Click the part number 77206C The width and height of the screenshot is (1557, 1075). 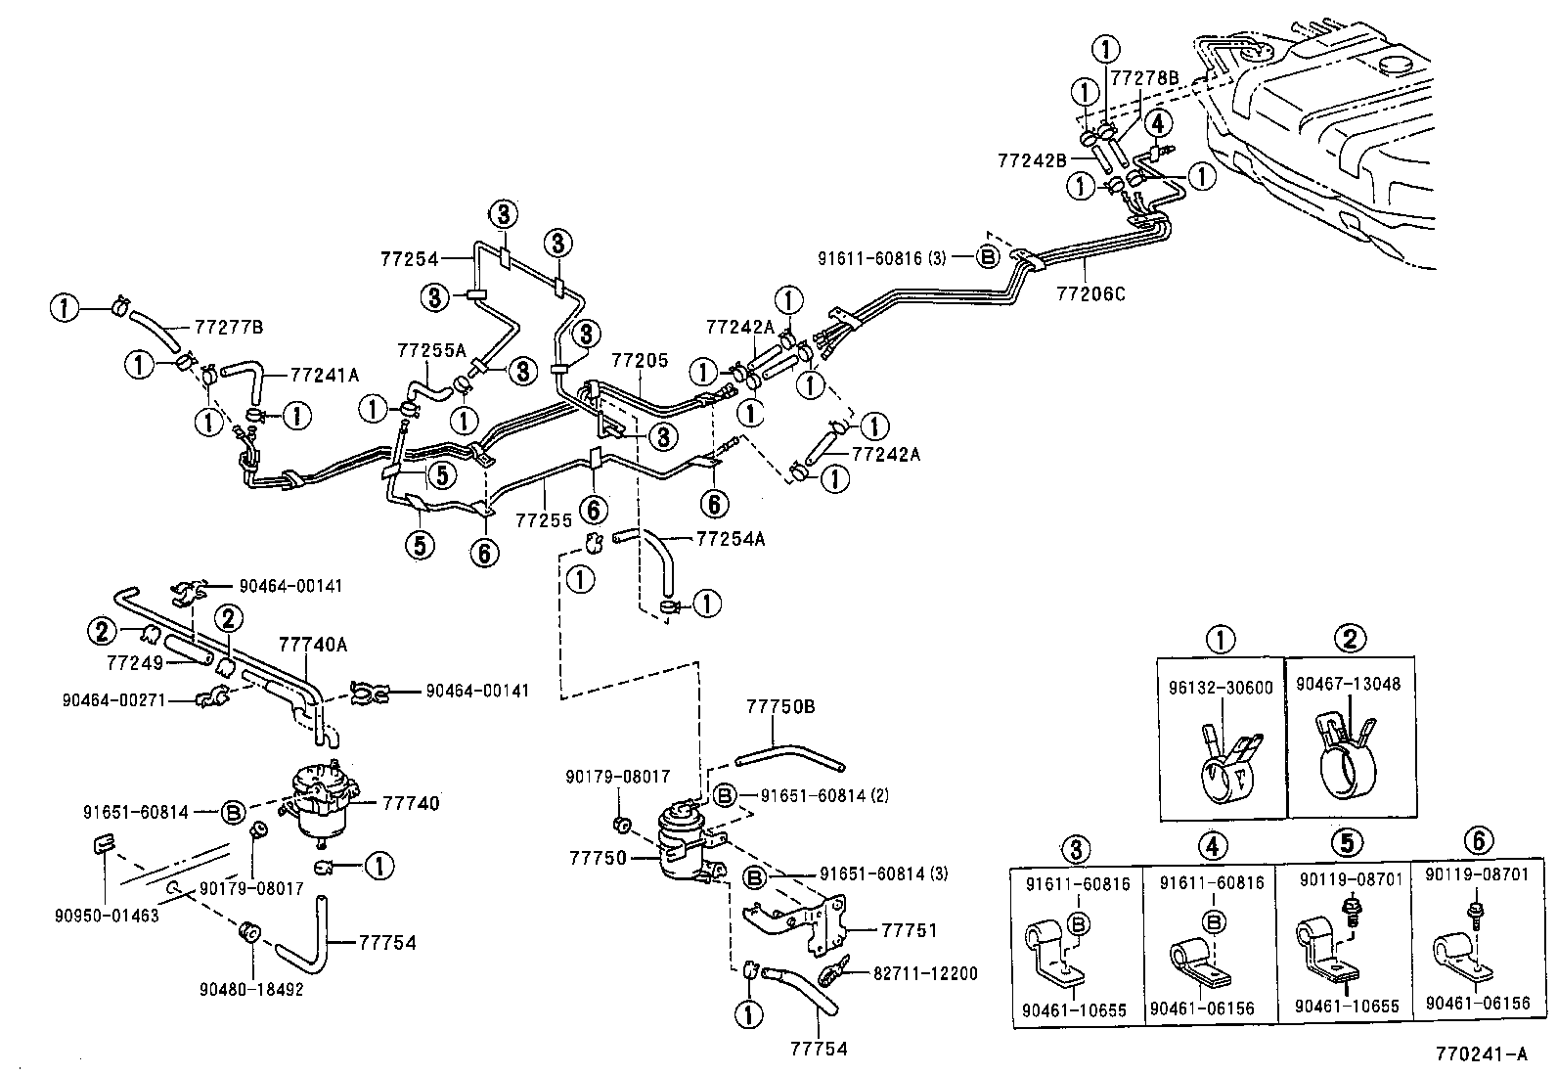(1090, 291)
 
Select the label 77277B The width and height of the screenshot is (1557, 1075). (229, 327)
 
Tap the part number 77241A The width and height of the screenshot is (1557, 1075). (325, 374)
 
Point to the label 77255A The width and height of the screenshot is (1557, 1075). (432, 349)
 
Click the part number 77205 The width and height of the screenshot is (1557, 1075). (640, 361)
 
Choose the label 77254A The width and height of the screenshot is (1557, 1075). (731, 538)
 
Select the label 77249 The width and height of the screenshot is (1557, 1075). (132, 661)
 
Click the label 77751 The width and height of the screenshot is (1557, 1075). (909, 929)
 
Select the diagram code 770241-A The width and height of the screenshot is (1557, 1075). (1481, 1054)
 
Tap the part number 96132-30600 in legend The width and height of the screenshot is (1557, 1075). (1221, 687)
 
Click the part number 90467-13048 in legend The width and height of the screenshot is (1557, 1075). (1348, 684)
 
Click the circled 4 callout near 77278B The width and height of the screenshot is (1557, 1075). (1157, 123)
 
